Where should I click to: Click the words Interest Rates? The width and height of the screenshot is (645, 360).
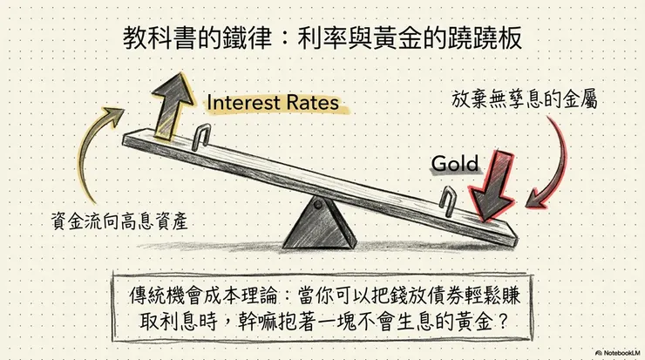click(x=273, y=103)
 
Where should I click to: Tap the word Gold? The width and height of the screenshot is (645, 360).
click(x=455, y=164)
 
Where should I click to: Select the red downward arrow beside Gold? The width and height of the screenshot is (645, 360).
click(x=493, y=185)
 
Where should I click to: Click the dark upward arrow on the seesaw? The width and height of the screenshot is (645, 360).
click(x=172, y=107)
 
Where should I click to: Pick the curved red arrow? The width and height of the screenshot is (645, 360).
click(x=560, y=165)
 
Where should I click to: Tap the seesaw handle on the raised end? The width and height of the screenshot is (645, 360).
click(x=201, y=137)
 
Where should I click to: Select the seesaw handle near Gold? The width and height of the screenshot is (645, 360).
click(x=447, y=201)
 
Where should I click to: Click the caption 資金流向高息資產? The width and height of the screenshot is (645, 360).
click(x=119, y=221)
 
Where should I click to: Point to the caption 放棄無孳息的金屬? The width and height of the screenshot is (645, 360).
click(x=524, y=99)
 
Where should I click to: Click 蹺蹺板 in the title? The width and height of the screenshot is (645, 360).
click(x=485, y=37)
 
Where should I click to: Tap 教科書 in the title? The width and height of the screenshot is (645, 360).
click(x=160, y=37)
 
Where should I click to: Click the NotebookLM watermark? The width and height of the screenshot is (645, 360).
click(x=617, y=353)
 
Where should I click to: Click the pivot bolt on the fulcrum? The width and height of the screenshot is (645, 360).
click(x=318, y=204)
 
